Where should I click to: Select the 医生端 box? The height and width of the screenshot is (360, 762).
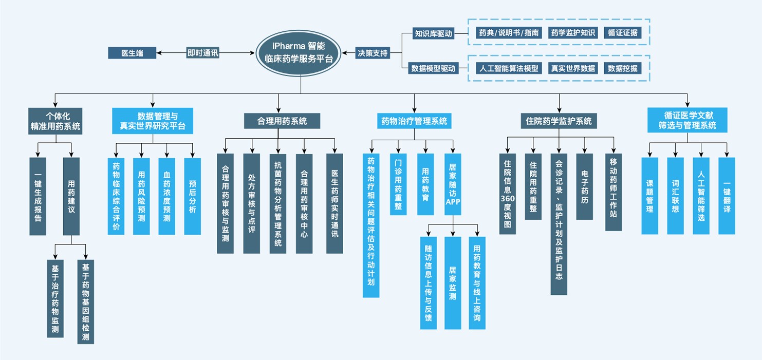pos(132,53)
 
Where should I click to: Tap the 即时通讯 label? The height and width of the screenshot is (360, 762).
pos(202,53)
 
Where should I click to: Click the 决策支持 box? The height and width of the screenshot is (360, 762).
pos(373,53)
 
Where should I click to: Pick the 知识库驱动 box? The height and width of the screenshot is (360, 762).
pos(434,34)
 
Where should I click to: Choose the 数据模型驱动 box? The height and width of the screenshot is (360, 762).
pos(434,68)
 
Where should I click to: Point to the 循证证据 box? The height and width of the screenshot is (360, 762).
pos(622,33)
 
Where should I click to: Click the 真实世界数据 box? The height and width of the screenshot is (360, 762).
pos(572,68)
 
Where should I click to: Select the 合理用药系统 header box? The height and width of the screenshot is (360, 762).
pos(282,121)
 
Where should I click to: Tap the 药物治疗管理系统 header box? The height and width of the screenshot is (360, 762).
pos(414,121)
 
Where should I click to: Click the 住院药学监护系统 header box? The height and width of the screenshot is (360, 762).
pos(559,121)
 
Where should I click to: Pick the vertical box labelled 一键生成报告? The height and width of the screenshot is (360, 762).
pos(38,197)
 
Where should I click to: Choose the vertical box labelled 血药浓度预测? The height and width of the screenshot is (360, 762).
pos(166,196)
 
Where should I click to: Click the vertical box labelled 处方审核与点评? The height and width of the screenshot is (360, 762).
pos(251,203)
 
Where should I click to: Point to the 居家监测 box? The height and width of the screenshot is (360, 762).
pos(453,283)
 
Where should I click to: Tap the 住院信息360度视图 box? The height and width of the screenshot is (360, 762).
pos(507,194)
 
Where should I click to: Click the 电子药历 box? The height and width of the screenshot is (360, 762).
pos(584,186)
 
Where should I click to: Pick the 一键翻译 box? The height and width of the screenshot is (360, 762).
pos(727,196)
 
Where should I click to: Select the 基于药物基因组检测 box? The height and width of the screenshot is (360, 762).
pos(85,301)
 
